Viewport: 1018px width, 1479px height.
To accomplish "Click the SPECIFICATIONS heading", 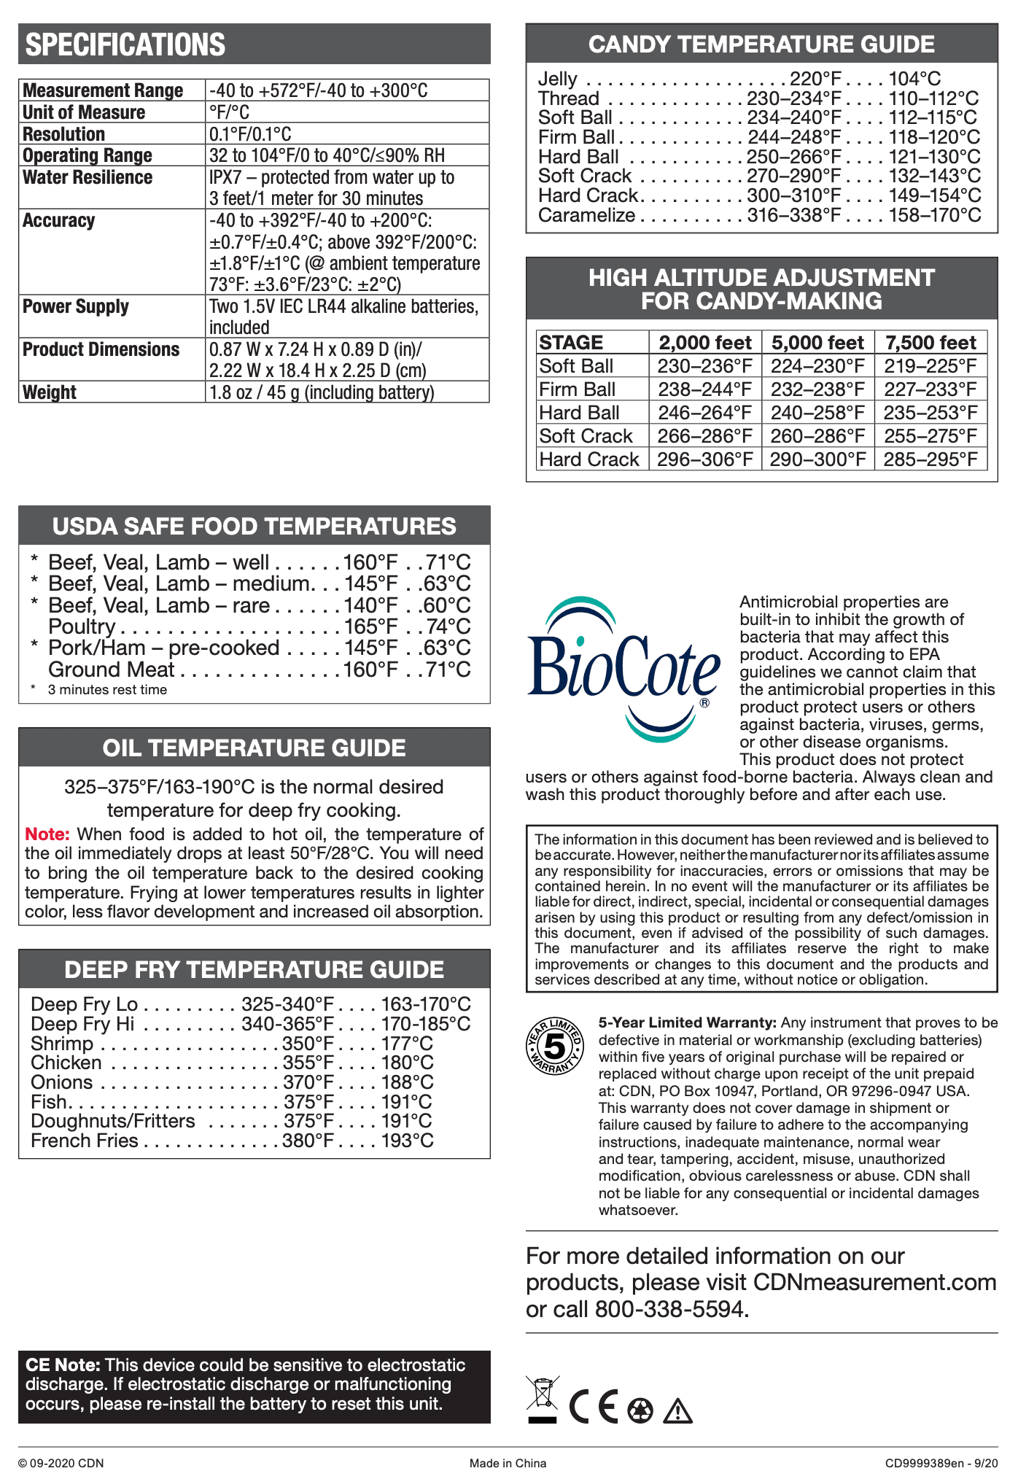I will (125, 44).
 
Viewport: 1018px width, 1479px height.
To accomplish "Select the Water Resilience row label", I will (88, 177).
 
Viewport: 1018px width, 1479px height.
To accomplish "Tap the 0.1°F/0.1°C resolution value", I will (250, 134).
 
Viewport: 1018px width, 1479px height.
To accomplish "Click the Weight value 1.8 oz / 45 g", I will (322, 392).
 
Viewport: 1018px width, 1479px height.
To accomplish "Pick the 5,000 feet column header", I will (817, 343).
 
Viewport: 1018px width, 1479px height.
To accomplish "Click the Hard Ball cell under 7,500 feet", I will (930, 413).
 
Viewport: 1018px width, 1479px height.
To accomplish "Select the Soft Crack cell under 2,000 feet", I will (704, 436).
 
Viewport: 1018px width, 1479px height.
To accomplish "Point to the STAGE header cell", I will (571, 343).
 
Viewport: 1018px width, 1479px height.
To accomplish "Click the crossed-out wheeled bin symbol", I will (543, 1399).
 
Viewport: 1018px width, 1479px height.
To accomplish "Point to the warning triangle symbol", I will (678, 1410).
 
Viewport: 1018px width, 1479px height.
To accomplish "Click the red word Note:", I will (47, 834).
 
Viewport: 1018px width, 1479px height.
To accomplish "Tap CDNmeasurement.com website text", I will (874, 1282).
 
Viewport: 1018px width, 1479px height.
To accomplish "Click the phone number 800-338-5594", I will (671, 1309).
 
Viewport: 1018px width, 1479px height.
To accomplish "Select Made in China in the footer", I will (508, 1463).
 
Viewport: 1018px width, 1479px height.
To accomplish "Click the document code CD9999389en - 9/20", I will (941, 1463).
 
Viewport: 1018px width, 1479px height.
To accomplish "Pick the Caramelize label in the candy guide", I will (586, 215).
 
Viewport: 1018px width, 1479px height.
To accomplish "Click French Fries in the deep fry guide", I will (85, 1141).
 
